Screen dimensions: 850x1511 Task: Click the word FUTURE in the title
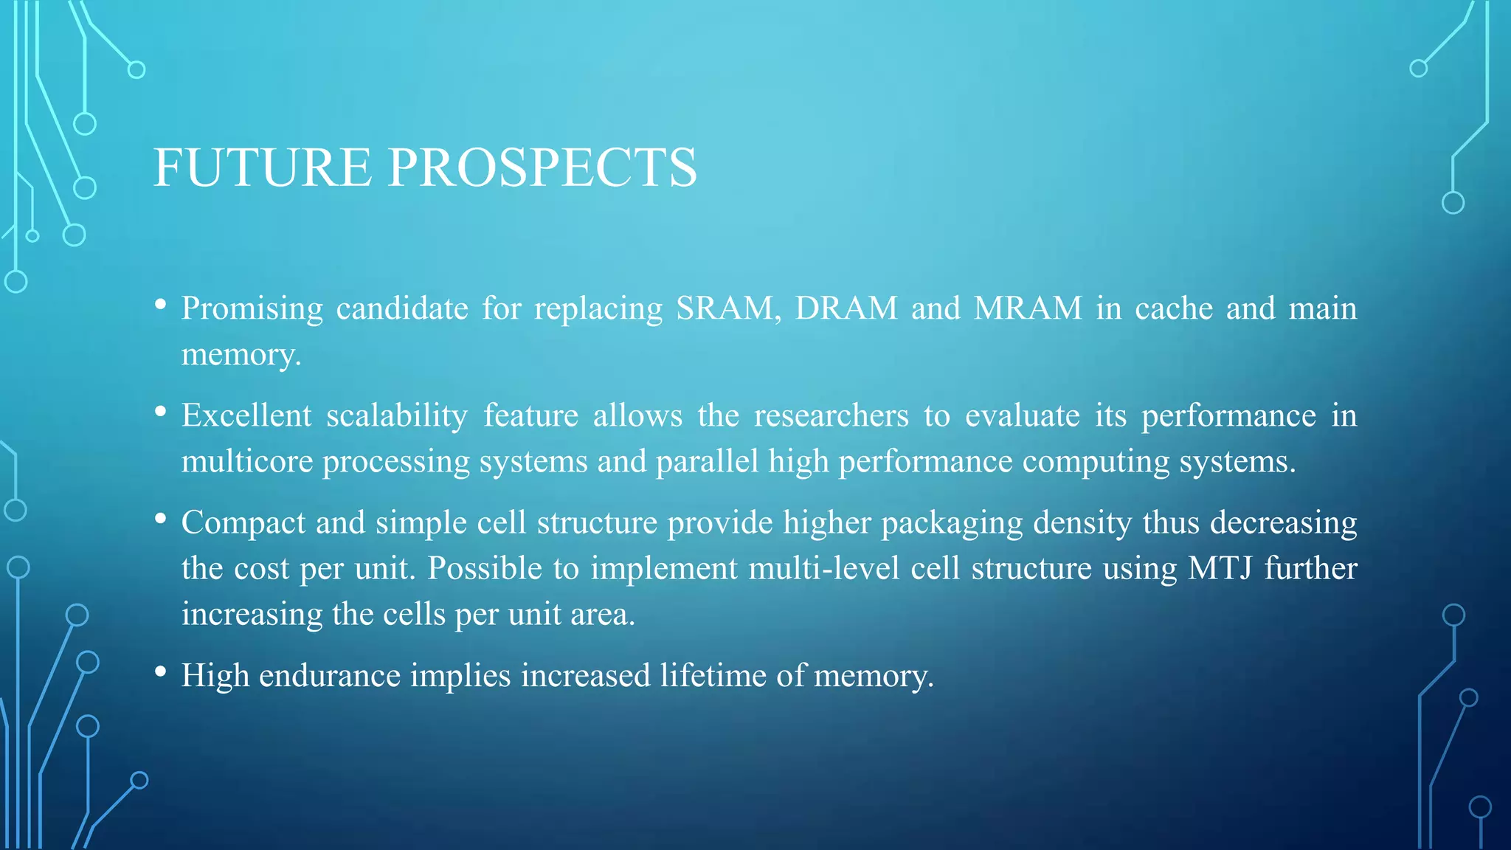(262, 167)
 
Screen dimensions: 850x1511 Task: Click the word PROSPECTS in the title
(542, 167)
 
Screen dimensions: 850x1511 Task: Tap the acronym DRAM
(846, 308)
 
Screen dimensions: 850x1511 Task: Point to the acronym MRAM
(1028, 308)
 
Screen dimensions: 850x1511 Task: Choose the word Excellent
(246, 415)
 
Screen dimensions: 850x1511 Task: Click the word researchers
(831, 416)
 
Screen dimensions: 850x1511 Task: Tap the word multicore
(247, 462)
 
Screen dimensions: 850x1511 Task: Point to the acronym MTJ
(1220, 569)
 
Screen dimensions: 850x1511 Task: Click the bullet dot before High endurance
(160, 671)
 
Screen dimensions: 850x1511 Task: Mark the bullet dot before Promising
(160, 304)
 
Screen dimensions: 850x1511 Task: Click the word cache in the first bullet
(1173, 308)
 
